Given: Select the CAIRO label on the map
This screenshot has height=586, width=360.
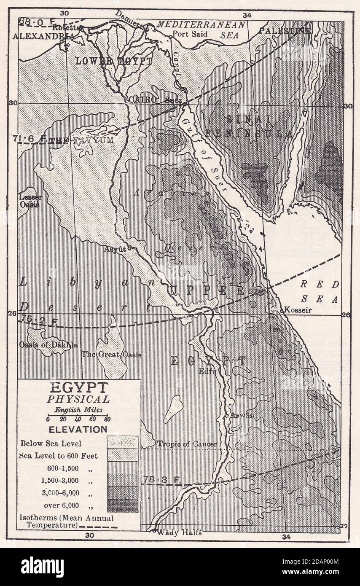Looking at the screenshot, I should (143, 100).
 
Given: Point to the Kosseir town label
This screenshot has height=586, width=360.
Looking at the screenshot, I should (298, 310).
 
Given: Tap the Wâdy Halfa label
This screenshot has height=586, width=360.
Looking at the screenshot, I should (179, 532).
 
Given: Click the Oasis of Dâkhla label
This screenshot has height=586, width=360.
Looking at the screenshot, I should (48, 344).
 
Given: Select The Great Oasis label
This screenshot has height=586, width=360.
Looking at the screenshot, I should (111, 355).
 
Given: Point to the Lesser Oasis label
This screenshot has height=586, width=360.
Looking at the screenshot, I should (29, 201).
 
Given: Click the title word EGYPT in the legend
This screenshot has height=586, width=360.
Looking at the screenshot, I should (79, 387).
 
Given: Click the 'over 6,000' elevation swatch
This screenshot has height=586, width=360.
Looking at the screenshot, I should (122, 505).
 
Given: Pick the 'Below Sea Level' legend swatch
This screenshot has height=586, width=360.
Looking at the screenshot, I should (122, 442).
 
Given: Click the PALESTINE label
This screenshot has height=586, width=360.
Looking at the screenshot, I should (285, 31).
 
